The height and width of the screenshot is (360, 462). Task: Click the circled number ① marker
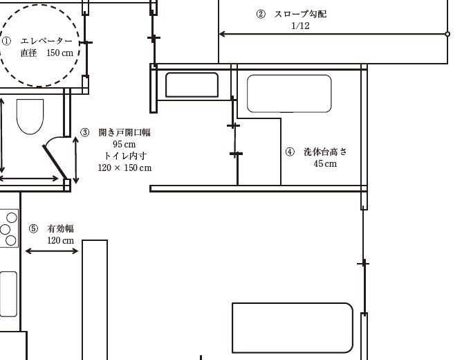click(x=6, y=41)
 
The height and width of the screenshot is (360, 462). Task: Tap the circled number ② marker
click(x=261, y=14)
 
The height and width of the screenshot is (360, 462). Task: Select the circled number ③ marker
click(x=85, y=132)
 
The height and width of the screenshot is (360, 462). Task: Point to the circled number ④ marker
click(x=290, y=152)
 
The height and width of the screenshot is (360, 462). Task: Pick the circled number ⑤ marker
click(x=34, y=228)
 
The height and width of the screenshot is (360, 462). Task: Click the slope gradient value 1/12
click(x=300, y=26)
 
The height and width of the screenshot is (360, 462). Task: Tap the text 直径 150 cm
click(x=47, y=53)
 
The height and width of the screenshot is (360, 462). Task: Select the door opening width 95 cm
click(x=124, y=144)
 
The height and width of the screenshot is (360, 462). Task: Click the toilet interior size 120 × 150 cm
click(x=124, y=168)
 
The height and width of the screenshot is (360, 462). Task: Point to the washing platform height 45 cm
click(x=325, y=163)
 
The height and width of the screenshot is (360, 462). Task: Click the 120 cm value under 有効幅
click(x=61, y=241)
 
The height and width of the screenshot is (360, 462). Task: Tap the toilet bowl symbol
click(x=30, y=116)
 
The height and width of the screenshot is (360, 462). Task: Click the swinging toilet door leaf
click(x=55, y=161)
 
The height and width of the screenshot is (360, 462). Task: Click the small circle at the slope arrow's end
click(x=447, y=34)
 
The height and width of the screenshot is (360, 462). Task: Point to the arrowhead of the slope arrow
click(x=221, y=34)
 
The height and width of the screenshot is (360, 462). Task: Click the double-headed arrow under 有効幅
click(x=52, y=251)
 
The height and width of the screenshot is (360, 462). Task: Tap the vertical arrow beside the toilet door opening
click(x=75, y=160)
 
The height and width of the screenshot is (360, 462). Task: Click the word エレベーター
click(x=46, y=41)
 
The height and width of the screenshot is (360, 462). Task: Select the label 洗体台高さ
click(x=325, y=152)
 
